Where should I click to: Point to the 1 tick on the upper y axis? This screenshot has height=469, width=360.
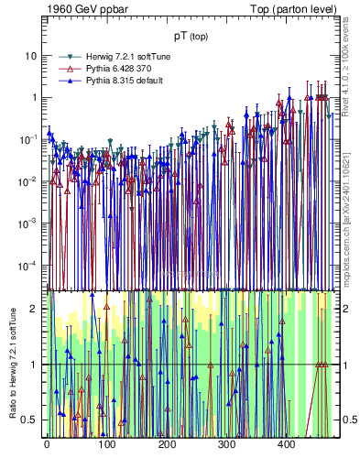tap(33, 97)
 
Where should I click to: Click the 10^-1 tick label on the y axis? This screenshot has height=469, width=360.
tap(28, 139)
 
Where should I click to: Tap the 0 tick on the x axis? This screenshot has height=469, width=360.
tap(47, 444)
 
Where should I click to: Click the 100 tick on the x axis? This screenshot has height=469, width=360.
tap(106, 444)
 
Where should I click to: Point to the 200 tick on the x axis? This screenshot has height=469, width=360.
tap(167, 444)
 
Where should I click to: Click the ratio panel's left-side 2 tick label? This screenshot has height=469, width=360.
tap(35, 309)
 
